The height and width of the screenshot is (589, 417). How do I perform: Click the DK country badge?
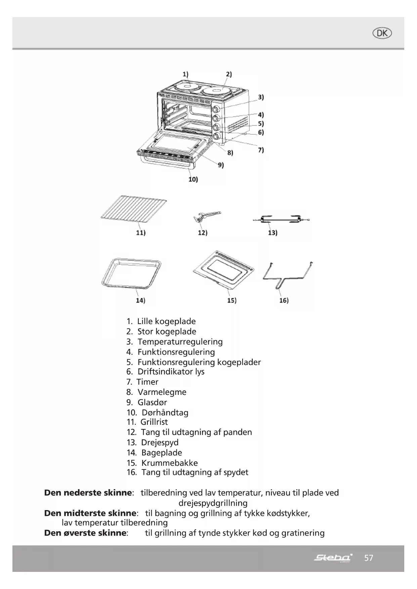(x=382, y=33)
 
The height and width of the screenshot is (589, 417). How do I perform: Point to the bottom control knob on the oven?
(x=216, y=136)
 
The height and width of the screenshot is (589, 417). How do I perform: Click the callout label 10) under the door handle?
(x=193, y=179)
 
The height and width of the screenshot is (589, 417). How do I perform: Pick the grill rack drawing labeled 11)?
(x=134, y=211)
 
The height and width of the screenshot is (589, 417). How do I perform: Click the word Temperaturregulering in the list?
(x=180, y=342)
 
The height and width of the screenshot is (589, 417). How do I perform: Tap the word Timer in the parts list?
(x=148, y=382)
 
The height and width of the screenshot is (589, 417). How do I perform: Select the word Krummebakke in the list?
(x=170, y=463)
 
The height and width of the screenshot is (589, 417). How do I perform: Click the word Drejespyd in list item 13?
(x=160, y=443)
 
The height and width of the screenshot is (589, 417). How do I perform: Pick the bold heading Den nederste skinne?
(x=88, y=493)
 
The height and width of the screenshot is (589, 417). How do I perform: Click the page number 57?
(x=369, y=558)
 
